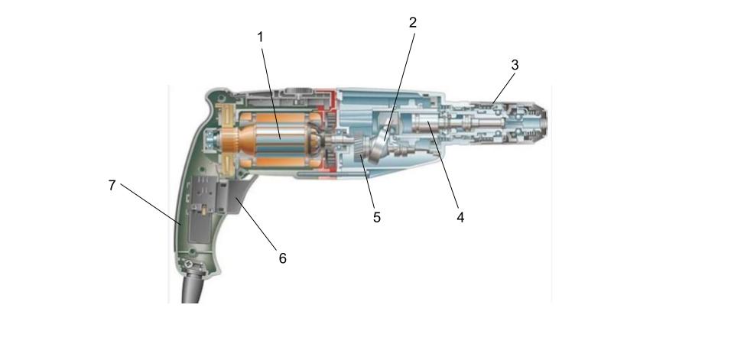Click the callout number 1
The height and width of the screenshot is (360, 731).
pos(260,37)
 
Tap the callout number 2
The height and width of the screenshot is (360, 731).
pos(413,22)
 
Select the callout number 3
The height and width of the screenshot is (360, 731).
pos(515,65)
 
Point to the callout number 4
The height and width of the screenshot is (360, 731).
pos(460,217)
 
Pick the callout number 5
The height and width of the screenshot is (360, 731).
pos(377,217)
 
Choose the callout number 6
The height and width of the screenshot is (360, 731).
pos(282,258)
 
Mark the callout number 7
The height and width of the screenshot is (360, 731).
pos(112,186)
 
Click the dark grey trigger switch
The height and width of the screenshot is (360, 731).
pos(238,196)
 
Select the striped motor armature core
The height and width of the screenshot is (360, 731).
pos(279,138)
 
